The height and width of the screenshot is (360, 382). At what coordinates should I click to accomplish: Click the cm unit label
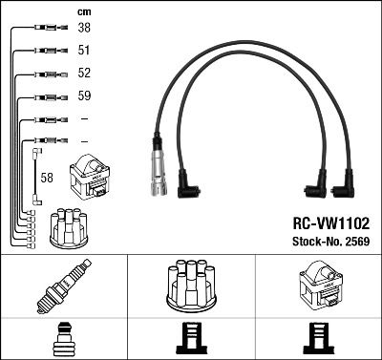[x=83, y=11]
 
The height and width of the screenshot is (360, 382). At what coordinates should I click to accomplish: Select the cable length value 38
[x=83, y=29]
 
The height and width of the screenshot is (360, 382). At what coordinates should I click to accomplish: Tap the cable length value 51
[x=83, y=52]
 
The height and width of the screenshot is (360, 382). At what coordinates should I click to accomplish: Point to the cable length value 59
[x=83, y=96]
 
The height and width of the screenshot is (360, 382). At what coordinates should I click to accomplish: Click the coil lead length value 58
[x=48, y=178]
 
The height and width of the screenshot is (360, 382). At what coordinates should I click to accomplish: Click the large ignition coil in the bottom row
[x=318, y=286]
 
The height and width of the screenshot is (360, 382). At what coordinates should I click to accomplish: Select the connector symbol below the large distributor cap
[x=191, y=339]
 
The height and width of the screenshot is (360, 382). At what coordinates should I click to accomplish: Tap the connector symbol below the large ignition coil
[x=318, y=339]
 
